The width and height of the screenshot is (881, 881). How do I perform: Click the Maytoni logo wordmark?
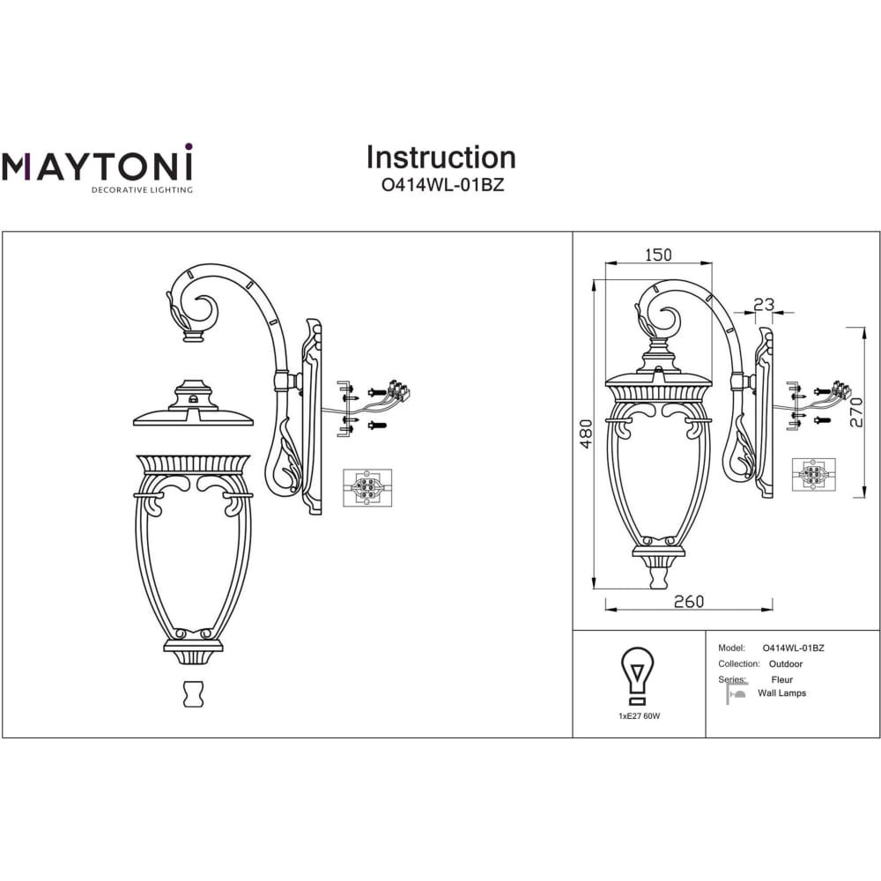tap(97, 162)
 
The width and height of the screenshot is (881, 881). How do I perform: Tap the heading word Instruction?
tap(441, 158)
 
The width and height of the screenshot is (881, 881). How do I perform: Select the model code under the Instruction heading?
tap(443, 185)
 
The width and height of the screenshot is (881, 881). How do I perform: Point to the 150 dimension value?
tap(658, 255)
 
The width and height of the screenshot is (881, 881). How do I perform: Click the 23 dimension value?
tap(764, 305)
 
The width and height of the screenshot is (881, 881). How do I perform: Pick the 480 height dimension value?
tap(586, 433)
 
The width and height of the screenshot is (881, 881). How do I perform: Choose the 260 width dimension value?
tap(688, 602)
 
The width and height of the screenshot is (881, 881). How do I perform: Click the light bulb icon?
tap(637, 676)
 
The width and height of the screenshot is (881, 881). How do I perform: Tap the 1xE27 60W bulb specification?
tap(639, 716)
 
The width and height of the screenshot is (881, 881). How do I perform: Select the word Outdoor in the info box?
tap(786, 664)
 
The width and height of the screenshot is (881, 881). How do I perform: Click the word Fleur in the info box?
tap(781, 680)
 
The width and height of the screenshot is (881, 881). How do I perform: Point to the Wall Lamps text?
tap(781, 693)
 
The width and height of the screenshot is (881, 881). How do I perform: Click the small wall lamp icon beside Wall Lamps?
tap(736, 693)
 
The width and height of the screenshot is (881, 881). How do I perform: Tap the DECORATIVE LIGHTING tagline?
tap(142, 190)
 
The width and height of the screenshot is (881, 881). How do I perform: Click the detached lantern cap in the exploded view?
tap(193, 403)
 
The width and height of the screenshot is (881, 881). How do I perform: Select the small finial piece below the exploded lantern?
tap(193, 694)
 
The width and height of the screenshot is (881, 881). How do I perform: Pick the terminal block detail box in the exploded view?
tap(367, 488)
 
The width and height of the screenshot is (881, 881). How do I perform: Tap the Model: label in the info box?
tap(731, 648)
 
